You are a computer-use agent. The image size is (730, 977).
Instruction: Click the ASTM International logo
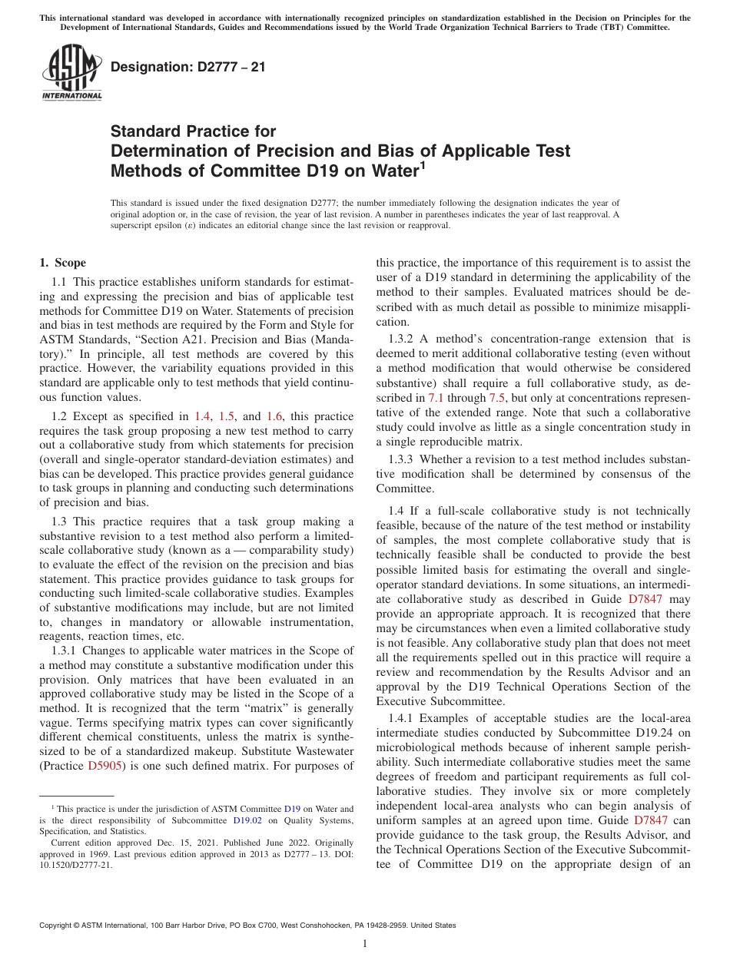coord(71,72)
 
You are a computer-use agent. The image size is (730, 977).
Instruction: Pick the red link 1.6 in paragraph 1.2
coord(274,416)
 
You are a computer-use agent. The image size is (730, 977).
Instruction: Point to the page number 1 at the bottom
coord(364,944)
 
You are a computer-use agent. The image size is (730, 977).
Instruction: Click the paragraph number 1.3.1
coord(65,651)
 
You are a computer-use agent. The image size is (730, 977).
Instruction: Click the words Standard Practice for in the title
coord(193,131)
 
